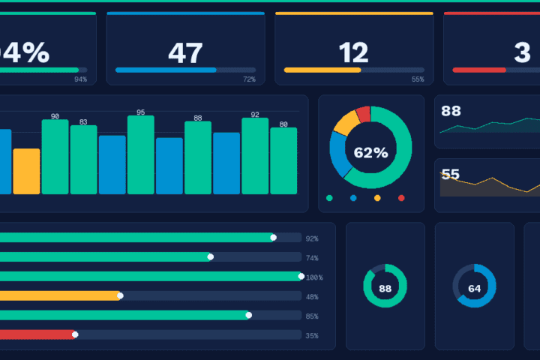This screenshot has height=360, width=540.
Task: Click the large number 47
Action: tap(185, 53)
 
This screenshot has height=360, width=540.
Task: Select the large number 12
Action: tap(353, 53)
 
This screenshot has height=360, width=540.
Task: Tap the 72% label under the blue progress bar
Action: tap(249, 79)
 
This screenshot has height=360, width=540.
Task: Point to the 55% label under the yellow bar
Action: tap(418, 79)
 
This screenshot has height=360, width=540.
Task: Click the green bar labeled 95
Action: tap(140, 154)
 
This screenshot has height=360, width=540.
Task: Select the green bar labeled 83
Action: tap(83, 159)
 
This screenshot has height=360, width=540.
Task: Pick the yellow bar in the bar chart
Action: tap(26, 171)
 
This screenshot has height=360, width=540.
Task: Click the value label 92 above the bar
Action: tap(255, 115)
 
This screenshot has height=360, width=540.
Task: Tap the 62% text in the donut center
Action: tap(370, 153)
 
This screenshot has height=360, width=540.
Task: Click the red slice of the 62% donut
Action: tap(363, 114)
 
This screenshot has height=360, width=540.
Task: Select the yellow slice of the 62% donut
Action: tap(346, 122)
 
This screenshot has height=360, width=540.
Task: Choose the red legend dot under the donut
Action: tap(401, 198)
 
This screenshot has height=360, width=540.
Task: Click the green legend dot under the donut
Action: tap(329, 198)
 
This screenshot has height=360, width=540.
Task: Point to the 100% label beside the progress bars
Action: tap(314, 277)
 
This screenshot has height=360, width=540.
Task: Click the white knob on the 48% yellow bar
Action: tap(120, 295)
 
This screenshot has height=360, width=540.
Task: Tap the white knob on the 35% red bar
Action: tap(75, 334)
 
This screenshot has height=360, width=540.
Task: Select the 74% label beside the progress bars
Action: tap(312, 258)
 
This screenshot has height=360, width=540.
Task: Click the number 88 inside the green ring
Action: tap(385, 288)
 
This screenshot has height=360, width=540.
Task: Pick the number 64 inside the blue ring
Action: tap(474, 288)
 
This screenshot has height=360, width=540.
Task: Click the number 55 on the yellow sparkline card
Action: tap(450, 175)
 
